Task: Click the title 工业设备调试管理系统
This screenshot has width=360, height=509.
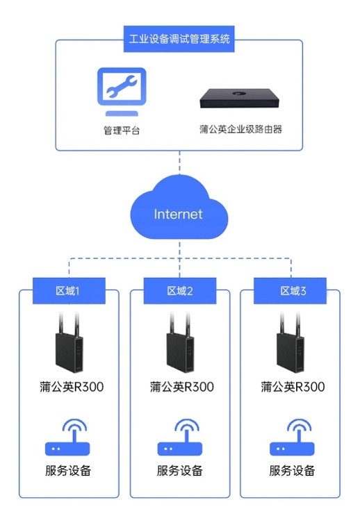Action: coord(179,39)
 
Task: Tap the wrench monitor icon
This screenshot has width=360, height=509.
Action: coord(122,92)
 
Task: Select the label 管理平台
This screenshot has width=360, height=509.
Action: coord(122,131)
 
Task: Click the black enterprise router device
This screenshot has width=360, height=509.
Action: coord(240,98)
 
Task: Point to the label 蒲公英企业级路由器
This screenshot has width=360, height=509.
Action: coord(240,129)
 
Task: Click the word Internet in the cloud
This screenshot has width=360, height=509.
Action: coord(178,215)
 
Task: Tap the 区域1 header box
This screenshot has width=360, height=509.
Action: coord(69,291)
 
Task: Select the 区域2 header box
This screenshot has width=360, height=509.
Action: coord(180,291)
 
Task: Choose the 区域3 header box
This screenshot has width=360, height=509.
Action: coord(290,291)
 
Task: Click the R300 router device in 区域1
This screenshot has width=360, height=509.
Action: coord(69,342)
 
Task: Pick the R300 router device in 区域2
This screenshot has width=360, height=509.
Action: coord(180,342)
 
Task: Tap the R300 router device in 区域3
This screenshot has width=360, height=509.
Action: coord(290,342)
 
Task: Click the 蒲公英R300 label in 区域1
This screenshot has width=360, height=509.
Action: coord(72,387)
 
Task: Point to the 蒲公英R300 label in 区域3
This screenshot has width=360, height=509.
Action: coord(293,387)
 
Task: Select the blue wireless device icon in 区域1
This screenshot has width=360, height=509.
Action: coord(67,437)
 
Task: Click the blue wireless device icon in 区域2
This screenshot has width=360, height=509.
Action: coord(180,437)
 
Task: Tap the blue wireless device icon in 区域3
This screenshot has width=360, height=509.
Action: coord(292,437)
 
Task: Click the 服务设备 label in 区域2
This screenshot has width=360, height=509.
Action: coord(180,470)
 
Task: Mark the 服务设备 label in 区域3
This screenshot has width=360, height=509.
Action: coord(292,470)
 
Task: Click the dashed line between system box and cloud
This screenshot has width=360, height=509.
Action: coord(180,163)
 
